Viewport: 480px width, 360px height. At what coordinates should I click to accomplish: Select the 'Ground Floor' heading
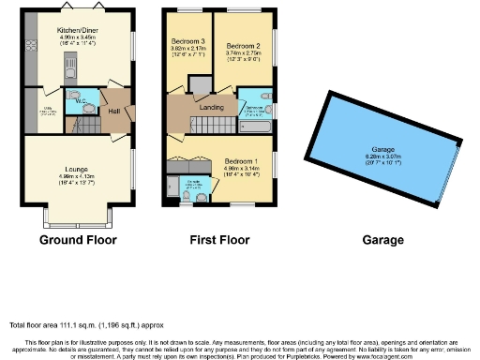point(78,240)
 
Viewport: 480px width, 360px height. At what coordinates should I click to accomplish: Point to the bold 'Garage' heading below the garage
point(382,240)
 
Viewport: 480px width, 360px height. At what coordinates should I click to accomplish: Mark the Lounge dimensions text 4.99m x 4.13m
point(76,176)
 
